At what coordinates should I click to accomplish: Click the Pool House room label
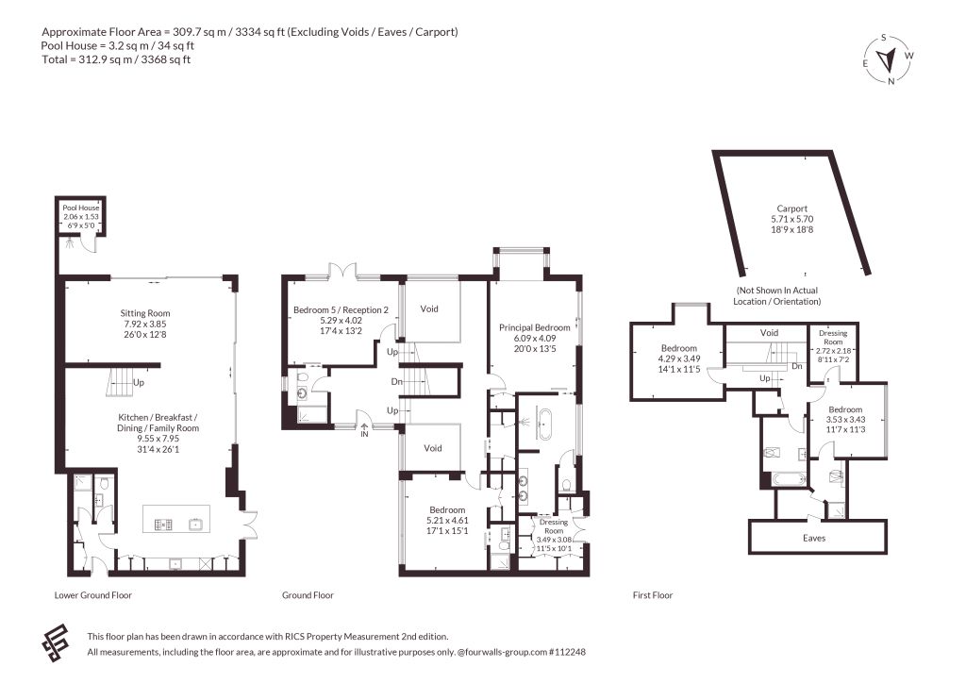point(81,208)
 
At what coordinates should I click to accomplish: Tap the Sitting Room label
point(144,313)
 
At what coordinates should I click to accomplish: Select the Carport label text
point(792,208)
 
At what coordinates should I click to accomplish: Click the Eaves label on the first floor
point(814,538)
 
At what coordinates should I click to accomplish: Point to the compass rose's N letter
point(891,81)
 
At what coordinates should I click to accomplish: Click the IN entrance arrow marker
point(364,429)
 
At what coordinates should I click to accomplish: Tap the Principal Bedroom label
point(535,327)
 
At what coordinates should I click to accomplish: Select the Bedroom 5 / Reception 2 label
point(341,309)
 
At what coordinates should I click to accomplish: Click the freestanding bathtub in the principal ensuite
point(545,424)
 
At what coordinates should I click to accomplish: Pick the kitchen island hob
point(163,525)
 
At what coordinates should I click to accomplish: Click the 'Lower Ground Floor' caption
point(93,595)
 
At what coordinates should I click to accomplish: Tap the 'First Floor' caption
point(653,595)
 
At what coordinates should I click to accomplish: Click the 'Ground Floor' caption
point(308,595)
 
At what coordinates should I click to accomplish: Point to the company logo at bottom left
point(56,643)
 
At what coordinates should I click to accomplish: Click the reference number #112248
point(567,652)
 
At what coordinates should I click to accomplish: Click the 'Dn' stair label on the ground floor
point(397,382)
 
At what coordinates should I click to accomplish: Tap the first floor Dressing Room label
point(833,337)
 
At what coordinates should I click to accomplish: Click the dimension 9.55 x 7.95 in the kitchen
point(158,439)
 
